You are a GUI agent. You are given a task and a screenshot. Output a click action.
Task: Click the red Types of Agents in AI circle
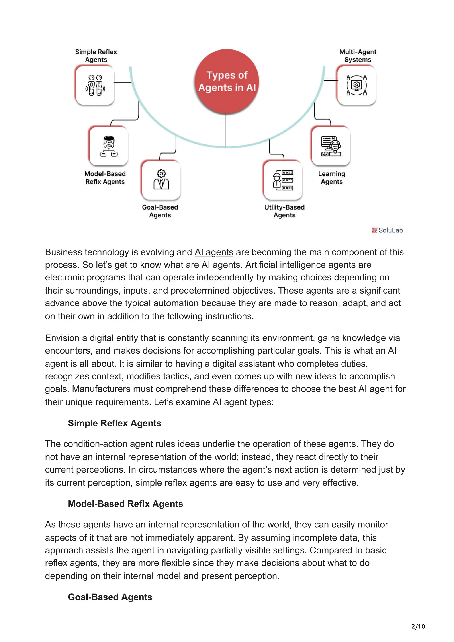pos(227,81)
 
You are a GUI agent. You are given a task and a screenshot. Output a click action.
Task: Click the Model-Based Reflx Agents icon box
pos(109,146)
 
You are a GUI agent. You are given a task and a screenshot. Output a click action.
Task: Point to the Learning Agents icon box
pos(331,146)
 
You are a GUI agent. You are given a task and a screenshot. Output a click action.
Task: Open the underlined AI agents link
pos(214,252)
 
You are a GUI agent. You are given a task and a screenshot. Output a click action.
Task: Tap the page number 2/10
pos(418,626)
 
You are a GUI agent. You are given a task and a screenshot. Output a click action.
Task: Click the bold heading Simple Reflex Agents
pos(114,423)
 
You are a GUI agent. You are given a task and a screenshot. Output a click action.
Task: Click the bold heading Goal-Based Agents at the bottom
pos(110,597)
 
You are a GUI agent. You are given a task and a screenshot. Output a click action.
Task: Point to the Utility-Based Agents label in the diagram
pos(284,211)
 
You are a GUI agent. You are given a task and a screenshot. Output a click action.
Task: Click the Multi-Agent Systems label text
pos(358,56)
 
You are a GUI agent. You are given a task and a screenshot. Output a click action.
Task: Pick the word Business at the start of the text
pos(63,252)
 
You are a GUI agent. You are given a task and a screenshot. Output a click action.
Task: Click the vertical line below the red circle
pos(226,130)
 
